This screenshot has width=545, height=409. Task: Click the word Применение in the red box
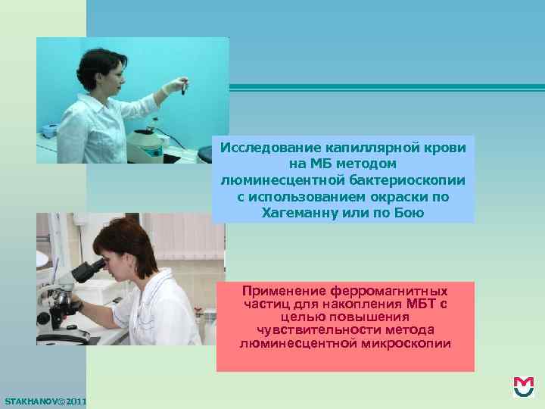284,291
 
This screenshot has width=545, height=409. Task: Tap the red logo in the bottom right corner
523,387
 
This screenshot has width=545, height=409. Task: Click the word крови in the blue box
447,146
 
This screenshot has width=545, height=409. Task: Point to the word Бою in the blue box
410,213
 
